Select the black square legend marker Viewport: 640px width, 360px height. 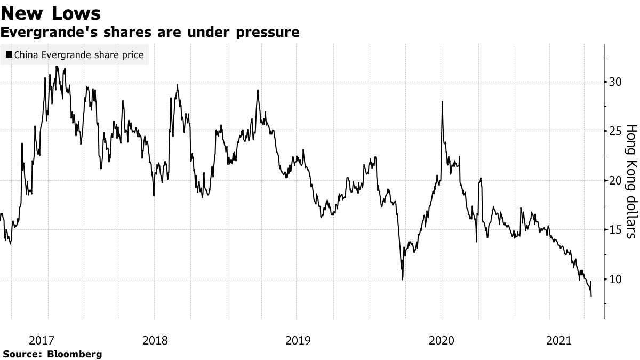tap(9, 55)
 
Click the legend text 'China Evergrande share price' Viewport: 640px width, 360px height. tap(79, 55)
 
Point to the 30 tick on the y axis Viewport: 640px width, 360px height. tap(616, 82)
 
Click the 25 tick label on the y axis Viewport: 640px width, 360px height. tap(616, 131)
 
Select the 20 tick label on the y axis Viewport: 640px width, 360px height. tap(616, 180)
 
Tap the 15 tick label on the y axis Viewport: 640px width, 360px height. tap(616, 230)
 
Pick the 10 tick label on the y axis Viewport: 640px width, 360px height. tap(616, 279)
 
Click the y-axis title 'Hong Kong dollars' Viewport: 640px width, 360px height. tap(631, 181)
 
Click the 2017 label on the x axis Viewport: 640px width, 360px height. tap(41, 340)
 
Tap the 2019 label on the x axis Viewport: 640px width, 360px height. tap(297, 340)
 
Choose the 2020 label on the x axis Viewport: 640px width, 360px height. tap(441, 340)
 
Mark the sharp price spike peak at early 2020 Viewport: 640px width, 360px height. tap(442, 102)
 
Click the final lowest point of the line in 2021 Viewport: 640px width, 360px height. tap(591, 296)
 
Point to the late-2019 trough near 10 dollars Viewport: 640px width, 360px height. tap(402, 279)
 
